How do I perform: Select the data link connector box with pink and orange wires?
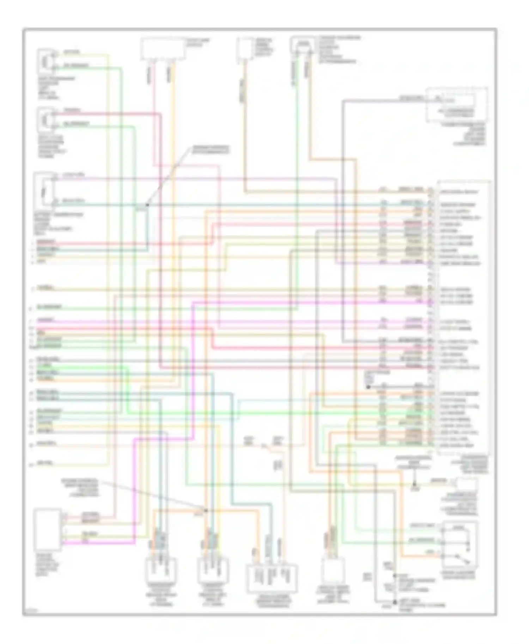pyautogui.click(x=163, y=49)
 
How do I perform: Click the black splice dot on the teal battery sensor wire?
pyautogui.click(x=147, y=205)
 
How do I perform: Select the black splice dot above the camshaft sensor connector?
pyautogui.click(x=206, y=510)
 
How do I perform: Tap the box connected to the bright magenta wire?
pyautogui.click(x=48, y=530)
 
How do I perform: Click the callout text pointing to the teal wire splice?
pyautogui.click(x=210, y=149)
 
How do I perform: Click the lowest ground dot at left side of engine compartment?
pyautogui.click(x=395, y=602)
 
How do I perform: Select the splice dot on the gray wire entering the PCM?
pyautogui.click(x=368, y=387)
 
